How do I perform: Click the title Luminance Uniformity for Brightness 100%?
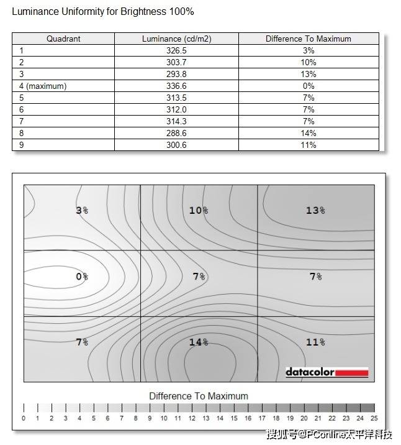point(103,12)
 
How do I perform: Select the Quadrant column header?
point(63,39)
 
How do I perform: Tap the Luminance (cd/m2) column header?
point(176,39)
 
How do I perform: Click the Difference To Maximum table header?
point(309,39)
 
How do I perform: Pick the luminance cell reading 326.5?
point(176,50)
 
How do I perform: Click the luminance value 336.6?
point(176,86)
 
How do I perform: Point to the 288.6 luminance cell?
point(176,133)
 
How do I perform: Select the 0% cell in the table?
point(309,86)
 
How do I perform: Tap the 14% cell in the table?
point(309,133)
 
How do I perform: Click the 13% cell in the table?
point(309,74)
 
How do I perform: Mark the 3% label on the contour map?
point(82,211)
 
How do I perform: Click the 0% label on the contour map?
point(82,276)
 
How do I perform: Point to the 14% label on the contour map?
point(198,342)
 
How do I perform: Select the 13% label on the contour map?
point(315,211)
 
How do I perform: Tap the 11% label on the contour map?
point(315,342)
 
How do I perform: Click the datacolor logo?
point(327,372)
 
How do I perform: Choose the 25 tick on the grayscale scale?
point(374,418)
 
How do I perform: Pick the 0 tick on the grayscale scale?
point(24,418)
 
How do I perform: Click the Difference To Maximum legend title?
point(199,396)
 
